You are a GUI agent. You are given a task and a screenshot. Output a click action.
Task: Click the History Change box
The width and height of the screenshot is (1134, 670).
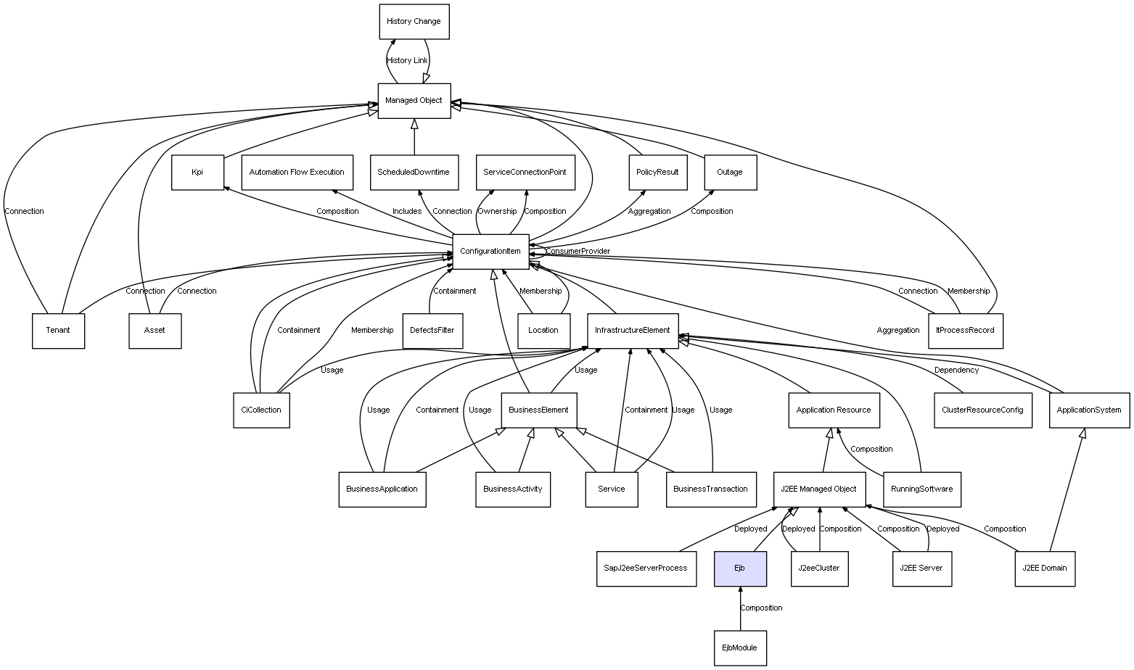[414, 22]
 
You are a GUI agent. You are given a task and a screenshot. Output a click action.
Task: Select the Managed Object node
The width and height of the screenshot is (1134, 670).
[414, 101]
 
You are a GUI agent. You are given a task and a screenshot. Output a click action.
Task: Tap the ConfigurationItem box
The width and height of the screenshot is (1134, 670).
[490, 252]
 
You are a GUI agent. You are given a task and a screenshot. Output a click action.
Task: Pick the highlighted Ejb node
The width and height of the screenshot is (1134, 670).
[740, 568]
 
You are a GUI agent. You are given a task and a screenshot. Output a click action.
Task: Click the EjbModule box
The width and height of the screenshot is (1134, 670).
[740, 648]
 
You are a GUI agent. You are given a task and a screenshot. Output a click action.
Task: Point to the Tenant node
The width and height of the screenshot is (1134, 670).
[58, 331]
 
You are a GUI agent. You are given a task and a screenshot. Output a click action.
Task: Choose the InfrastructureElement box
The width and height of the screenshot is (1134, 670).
[632, 331]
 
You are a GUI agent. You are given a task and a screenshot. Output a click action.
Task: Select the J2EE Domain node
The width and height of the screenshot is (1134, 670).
[1044, 568]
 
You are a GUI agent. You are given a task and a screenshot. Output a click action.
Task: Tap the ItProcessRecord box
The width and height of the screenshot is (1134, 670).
[966, 331]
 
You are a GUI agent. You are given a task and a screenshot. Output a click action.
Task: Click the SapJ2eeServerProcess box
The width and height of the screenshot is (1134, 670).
[645, 568]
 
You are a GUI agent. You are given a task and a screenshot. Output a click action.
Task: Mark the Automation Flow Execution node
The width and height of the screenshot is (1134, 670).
[297, 173]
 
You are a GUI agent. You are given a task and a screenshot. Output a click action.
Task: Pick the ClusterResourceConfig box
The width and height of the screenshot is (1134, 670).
[982, 410]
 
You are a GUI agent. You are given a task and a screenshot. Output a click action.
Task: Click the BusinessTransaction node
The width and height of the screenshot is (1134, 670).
[710, 489]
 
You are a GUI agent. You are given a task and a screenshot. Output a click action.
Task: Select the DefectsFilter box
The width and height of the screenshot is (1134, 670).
[432, 331]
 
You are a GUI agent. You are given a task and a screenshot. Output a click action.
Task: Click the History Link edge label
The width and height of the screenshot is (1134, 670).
[407, 61]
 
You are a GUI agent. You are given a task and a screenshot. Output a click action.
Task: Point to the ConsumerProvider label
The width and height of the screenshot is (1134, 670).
[578, 252]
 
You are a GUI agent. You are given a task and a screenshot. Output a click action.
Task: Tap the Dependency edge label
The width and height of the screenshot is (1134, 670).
[956, 371]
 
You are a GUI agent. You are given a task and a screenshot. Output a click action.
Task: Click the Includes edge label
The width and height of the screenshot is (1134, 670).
[407, 212]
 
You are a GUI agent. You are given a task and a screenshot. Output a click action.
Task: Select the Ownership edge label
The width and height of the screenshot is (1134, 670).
[497, 212]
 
